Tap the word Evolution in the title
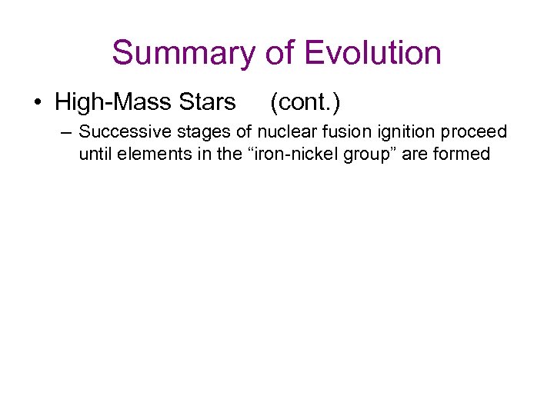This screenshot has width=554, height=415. coord(372,53)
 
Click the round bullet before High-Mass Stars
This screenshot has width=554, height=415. coord(37,101)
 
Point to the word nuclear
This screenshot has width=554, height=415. coord(289,131)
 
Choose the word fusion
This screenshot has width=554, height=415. coord(345,131)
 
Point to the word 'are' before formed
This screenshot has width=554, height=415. coord(413,153)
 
